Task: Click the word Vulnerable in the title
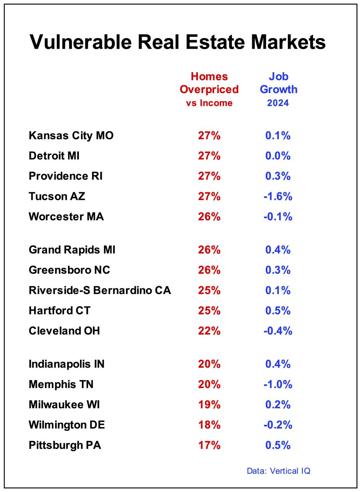click(x=80, y=42)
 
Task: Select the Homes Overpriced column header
click(x=209, y=83)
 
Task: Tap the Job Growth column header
click(x=278, y=83)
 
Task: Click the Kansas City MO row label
click(x=71, y=136)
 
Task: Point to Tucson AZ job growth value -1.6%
click(x=278, y=196)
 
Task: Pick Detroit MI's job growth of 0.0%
click(x=278, y=156)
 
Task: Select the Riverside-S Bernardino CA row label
click(x=99, y=290)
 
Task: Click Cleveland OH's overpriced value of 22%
click(x=209, y=331)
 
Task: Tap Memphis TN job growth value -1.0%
click(x=278, y=384)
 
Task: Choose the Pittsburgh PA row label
click(x=65, y=445)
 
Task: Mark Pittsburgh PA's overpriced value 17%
click(x=209, y=445)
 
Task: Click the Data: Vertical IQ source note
click(x=278, y=471)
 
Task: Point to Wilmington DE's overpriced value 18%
click(x=209, y=425)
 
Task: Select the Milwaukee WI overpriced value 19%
click(x=209, y=404)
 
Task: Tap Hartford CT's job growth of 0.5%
click(x=278, y=311)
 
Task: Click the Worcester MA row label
click(x=66, y=217)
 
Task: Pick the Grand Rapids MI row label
click(x=72, y=250)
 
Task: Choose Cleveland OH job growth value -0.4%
click(x=278, y=331)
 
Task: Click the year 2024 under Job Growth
click(x=278, y=103)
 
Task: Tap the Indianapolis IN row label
click(x=66, y=364)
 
